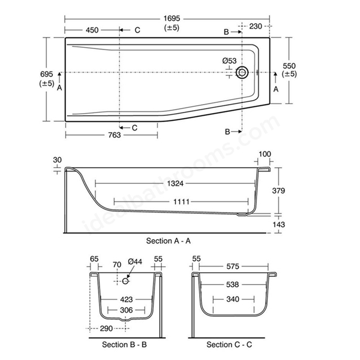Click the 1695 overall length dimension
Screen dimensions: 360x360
[172, 19]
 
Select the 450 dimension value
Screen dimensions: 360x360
[92, 30]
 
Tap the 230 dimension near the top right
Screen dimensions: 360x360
[255, 26]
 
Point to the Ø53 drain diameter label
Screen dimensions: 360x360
[229, 61]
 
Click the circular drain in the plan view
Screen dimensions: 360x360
[242, 73]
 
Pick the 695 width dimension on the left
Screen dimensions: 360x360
[47, 74]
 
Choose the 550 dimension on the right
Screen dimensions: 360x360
[289, 66]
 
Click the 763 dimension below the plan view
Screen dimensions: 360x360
[114, 135]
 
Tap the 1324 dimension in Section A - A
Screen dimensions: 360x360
[175, 183]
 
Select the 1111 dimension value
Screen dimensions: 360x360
[181, 202]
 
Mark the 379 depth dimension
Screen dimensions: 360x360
[278, 191]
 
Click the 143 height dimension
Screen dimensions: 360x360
[279, 224]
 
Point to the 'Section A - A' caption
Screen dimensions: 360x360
[168, 241]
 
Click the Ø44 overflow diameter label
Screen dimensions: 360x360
[135, 262]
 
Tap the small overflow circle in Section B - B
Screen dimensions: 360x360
[125, 281]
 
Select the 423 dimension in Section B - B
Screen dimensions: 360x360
[127, 299]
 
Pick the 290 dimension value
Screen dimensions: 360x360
[106, 328]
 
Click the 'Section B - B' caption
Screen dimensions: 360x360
[124, 345]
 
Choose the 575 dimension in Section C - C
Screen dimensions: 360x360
[232, 267]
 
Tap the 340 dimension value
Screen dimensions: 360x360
[233, 299]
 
